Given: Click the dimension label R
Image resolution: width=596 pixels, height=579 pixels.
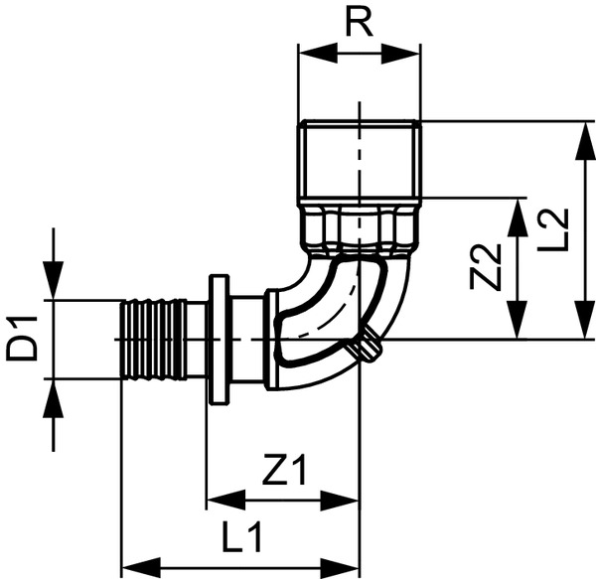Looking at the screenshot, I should [360, 23].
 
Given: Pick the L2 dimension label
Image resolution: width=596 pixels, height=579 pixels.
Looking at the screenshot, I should [557, 229].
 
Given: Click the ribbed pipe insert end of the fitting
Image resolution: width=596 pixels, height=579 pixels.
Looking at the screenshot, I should [152, 340].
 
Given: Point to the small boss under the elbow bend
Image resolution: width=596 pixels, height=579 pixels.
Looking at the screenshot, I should [369, 349].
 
